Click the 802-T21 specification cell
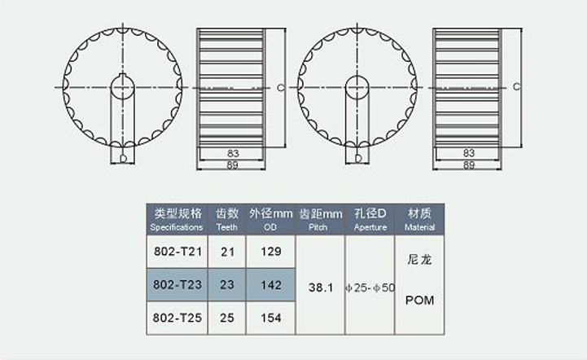[x=177, y=252]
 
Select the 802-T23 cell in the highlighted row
[x=177, y=285]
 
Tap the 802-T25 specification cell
[x=177, y=318]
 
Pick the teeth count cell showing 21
[x=227, y=252]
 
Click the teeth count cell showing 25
[x=227, y=318]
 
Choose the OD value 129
[x=270, y=252]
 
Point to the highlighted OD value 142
[x=270, y=285]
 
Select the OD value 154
[x=270, y=318]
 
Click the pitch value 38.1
[x=321, y=288]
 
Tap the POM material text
[x=419, y=300]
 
